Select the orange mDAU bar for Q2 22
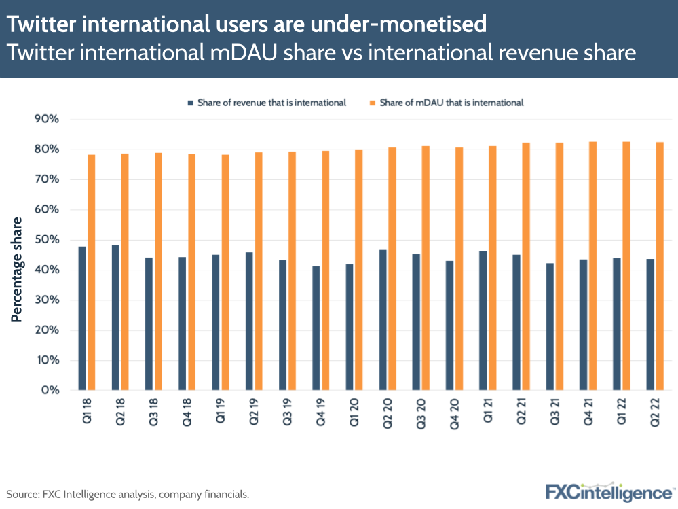point(660,266)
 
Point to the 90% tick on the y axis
point(47,119)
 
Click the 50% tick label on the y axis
point(47,240)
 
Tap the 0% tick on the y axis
point(50,391)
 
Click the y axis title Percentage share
point(16,269)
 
